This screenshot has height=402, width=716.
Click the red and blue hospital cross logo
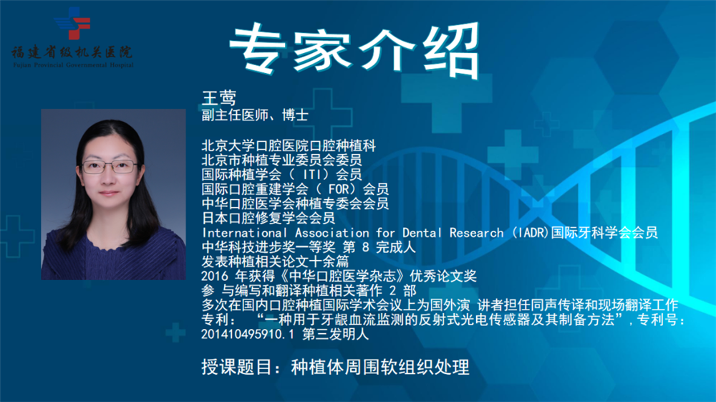pos(72,23)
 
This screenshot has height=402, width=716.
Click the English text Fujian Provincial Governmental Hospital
pos(73,65)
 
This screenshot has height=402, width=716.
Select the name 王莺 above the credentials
pos(219,97)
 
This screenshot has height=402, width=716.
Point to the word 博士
pos(295,115)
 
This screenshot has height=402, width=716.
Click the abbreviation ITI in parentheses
pos(316,174)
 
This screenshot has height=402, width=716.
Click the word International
pos(244,232)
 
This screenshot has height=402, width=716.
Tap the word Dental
pos(422,232)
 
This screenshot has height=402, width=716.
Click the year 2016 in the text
pos(215,276)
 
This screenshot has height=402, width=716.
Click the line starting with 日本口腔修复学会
pos(268,218)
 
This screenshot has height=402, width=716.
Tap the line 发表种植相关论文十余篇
pos(276,262)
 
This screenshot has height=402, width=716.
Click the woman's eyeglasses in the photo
pos(110,166)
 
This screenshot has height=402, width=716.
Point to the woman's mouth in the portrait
pos(109,193)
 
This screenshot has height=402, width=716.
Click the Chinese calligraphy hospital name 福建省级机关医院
pos(72,52)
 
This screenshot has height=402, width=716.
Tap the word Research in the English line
pos(476,232)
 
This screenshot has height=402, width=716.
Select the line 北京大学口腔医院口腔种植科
pos(289,145)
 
